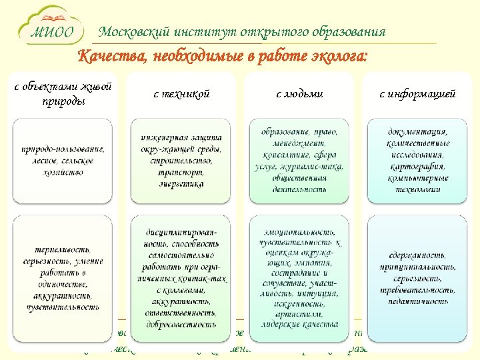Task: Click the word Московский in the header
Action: pyautogui.click(x=133, y=32)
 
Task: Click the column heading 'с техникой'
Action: pyautogui.click(x=181, y=94)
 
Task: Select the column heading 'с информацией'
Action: pyautogui.click(x=417, y=94)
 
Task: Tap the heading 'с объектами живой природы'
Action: pyautogui.click(x=63, y=94)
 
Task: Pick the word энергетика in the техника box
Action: pyautogui.click(x=181, y=184)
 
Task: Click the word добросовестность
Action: pyautogui.click(x=181, y=323)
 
